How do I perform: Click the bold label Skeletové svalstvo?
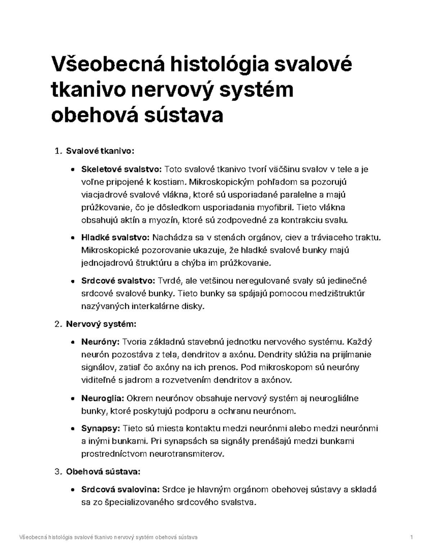[x=122, y=169]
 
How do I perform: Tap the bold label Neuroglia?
[x=103, y=398]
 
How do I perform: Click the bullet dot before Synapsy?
[x=73, y=429]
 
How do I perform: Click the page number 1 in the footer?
[x=411, y=538]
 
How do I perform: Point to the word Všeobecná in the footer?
[x=32, y=538]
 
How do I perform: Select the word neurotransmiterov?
[x=189, y=454]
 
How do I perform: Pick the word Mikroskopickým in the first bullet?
[x=220, y=182]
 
